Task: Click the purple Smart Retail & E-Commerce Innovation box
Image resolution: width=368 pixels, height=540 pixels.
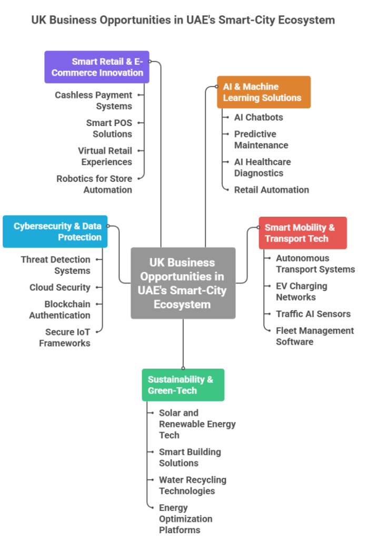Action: click(97, 67)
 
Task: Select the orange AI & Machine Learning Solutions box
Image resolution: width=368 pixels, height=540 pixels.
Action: click(264, 92)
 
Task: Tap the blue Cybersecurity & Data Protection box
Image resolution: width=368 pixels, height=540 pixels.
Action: click(55, 232)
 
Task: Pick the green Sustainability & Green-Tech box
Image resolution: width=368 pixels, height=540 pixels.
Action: click(183, 385)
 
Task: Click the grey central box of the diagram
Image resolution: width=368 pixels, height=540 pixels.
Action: click(183, 283)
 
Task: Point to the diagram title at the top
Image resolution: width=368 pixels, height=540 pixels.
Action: click(183, 20)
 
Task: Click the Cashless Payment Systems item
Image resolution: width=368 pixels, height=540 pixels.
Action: click(94, 101)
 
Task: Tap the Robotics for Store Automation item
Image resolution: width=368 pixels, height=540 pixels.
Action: click(95, 184)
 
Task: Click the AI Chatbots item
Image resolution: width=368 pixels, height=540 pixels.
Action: click(258, 117)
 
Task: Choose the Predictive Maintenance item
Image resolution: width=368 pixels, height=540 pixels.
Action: click(261, 139)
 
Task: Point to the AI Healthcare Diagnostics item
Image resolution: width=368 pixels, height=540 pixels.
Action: click(262, 167)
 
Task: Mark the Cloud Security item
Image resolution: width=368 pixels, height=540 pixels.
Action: click(60, 287)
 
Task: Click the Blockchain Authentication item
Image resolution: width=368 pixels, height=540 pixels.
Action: click(60, 310)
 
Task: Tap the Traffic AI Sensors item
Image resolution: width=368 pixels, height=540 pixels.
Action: click(313, 314)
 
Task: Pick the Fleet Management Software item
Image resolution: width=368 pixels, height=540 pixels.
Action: click(315, 336)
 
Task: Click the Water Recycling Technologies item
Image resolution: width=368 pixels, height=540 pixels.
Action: click(193, 485)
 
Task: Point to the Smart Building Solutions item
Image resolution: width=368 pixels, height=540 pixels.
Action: click(190, 457)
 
